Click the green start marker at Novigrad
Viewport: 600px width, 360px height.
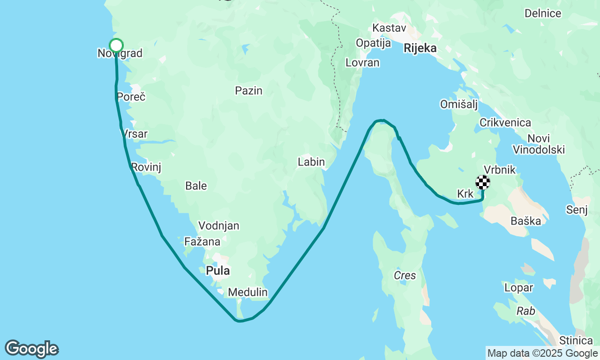[116, 45]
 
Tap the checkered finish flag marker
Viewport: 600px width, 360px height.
[483, 182]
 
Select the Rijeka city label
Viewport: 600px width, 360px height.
[420, 48]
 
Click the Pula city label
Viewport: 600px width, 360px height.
[218, 270]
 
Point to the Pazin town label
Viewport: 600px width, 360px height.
[249, 90]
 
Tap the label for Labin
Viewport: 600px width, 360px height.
[311, 162]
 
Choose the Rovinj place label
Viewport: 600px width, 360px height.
[146, 167]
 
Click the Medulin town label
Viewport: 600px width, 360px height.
[247, 292]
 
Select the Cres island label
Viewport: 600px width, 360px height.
[405, 275]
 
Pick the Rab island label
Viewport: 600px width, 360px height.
[526, 311]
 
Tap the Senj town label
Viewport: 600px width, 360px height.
[577, 210]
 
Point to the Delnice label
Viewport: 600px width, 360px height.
[543, 13]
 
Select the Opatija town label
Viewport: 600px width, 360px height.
[373, 43]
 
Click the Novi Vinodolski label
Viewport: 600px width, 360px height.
[539, 144]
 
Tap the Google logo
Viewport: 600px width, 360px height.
[31, 349]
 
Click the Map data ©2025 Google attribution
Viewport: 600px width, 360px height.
[542, 353]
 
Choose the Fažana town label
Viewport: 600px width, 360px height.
[202, 242]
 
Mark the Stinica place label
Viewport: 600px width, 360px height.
[576, 340]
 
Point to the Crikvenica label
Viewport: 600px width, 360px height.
[505, 123]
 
